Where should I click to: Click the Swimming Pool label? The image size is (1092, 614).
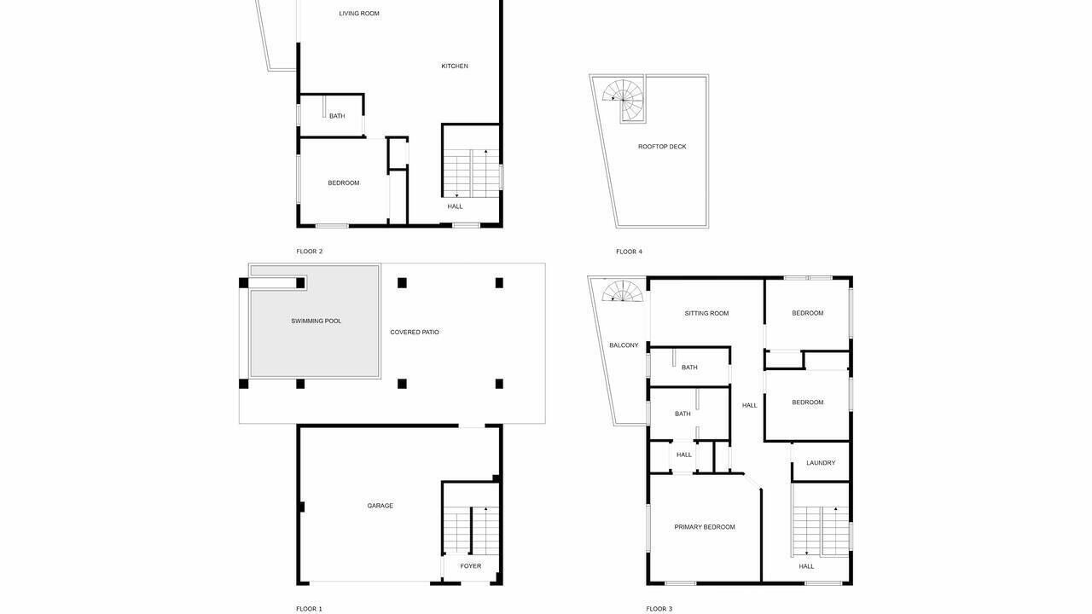[316, 321]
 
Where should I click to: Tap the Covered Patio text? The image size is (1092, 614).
[415, 333]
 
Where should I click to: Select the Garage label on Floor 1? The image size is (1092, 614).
[380, 506]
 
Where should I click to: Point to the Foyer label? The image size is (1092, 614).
[470, 566]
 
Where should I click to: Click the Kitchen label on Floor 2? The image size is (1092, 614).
[455, 67]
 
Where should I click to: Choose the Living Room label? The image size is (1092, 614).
[359, 14]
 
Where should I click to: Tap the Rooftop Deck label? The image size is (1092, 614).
[662, 147]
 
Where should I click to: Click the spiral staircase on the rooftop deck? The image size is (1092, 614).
[623, 100]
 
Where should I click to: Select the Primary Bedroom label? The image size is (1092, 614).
[705, 527]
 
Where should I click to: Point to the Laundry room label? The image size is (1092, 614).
[821, 463]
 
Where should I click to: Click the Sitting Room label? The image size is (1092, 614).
[706, 313]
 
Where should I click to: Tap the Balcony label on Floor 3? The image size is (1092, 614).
[624, 345]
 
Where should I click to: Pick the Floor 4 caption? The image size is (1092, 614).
[629, 252]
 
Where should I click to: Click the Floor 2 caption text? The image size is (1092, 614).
[309, 252]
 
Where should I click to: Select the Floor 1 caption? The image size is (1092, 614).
[309, 609]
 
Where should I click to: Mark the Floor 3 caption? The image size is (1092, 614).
[659, 609]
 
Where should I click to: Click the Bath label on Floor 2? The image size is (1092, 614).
[337, 116]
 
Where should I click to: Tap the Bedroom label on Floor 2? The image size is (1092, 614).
[344, 183]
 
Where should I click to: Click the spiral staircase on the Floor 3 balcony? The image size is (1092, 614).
[623, 292]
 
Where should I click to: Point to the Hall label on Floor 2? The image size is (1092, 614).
[456, 206]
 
